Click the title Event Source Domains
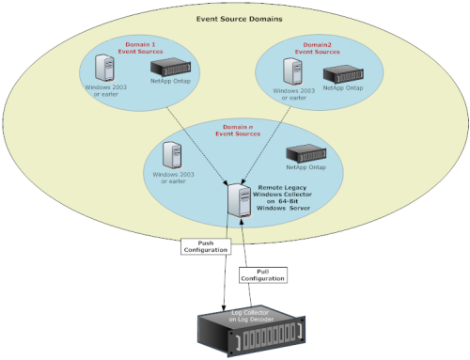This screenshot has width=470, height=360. coord(236,18)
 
